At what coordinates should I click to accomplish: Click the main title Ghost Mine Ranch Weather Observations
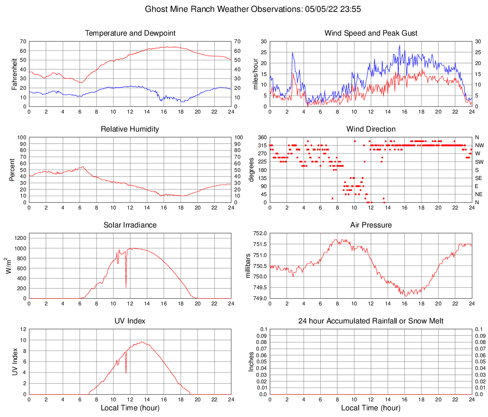(244, 9)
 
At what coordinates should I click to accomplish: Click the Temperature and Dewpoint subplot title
(130, 33)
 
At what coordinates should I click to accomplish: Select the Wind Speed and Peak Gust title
(371, 33)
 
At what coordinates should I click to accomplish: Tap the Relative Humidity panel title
(130, 129)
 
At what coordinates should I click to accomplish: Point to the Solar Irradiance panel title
(130, 225)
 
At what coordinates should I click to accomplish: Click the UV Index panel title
(130, 321)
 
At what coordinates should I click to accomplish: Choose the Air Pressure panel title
(371, 225)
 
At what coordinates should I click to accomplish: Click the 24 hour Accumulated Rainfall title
(371, 321)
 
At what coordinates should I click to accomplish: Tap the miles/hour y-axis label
(255, 74)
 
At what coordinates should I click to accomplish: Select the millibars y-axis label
(248, 265)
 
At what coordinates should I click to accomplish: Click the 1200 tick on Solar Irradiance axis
(19, 236)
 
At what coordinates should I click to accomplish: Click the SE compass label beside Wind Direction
(478, 178)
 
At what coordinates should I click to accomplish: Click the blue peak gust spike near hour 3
(293, 53)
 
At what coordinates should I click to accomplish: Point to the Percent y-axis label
(12, 170)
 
